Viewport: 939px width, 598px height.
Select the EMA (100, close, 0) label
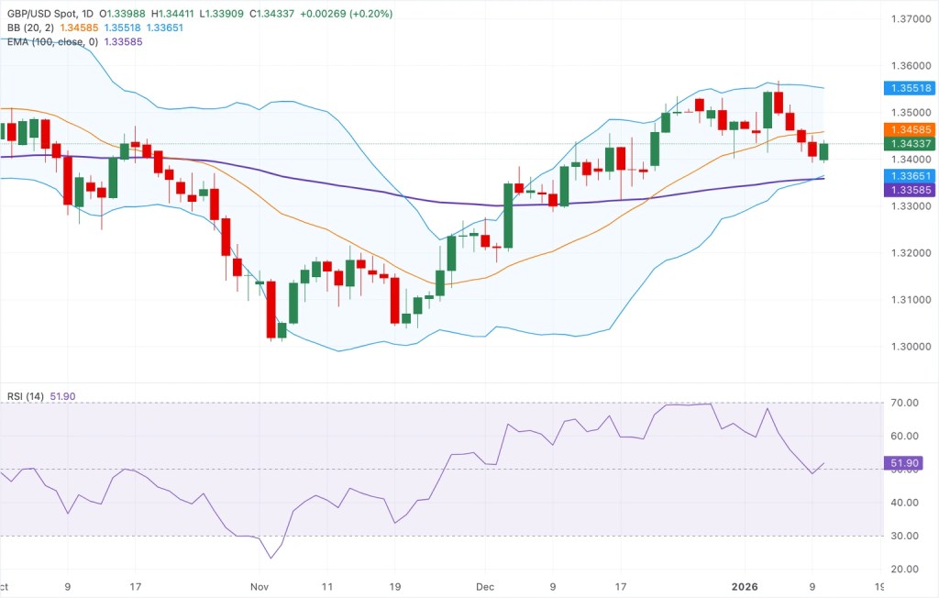[x=50, y=41]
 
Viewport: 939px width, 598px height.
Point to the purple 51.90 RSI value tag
[x=908, y=465]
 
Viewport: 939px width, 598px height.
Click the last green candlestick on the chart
[x=823, y=151]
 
